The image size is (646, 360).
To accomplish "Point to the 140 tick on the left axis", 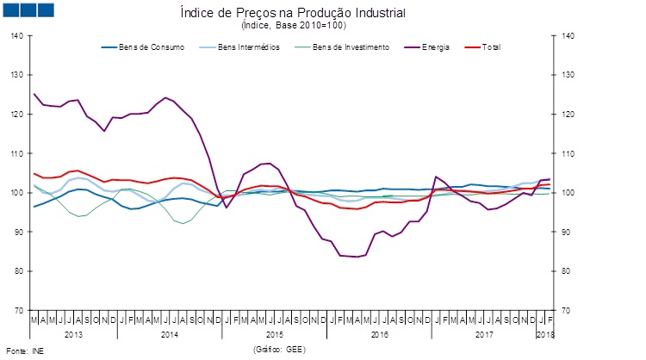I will [18, 36].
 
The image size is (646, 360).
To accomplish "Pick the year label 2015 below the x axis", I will [274, 332].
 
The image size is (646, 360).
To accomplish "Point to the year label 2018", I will [544, 332].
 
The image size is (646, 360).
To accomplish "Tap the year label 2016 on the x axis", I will [379, 332].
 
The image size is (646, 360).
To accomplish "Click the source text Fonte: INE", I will [24, 351].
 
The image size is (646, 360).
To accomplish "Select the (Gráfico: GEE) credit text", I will [280, 350].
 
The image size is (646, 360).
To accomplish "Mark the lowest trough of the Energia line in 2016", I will [357, 257].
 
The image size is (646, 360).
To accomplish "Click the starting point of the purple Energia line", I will [34, 94].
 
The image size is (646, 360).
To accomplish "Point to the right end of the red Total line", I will [550, 183].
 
